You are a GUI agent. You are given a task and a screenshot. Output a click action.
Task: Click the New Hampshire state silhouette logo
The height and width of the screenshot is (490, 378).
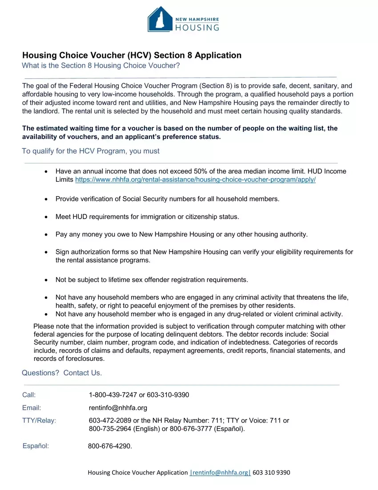tap(161, 19)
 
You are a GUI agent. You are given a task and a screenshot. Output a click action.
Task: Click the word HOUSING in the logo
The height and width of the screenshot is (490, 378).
tap(198, 28)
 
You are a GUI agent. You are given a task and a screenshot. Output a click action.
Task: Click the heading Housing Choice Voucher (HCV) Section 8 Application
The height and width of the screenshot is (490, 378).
tap(132, 55)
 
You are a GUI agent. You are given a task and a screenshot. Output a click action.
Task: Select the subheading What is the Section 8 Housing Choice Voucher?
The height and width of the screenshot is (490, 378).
tap(101, 66)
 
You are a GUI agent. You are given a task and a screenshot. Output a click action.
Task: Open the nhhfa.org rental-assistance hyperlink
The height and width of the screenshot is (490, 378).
tap(196, 180)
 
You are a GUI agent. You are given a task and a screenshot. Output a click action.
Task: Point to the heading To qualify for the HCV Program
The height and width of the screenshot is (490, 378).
tap(91, 151)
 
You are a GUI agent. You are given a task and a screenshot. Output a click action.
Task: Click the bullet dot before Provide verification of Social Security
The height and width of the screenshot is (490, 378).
tap(47, 199)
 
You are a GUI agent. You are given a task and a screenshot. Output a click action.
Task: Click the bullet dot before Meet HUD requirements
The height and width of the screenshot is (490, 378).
tap(47, 217)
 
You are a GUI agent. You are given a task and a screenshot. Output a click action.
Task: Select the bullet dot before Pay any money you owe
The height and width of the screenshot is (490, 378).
tap(47, 234)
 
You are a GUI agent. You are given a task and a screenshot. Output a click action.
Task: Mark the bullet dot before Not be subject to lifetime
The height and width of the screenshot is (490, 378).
tap(47, 280)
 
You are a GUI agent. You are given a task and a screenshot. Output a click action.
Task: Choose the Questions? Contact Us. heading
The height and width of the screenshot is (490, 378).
tap(62, 373)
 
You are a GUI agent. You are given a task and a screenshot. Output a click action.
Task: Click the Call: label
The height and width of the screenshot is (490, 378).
tap(29, 395)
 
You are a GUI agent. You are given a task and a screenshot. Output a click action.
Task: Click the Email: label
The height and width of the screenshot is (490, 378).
tap(32, 408)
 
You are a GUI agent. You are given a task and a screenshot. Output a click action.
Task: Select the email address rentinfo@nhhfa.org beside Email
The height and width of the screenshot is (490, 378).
tap(118, 408)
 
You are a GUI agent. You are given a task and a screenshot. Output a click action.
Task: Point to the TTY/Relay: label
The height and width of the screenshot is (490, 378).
tap(39, 421)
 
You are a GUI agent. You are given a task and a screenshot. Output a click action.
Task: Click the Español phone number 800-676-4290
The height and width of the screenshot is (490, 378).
tap(109, 446)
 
